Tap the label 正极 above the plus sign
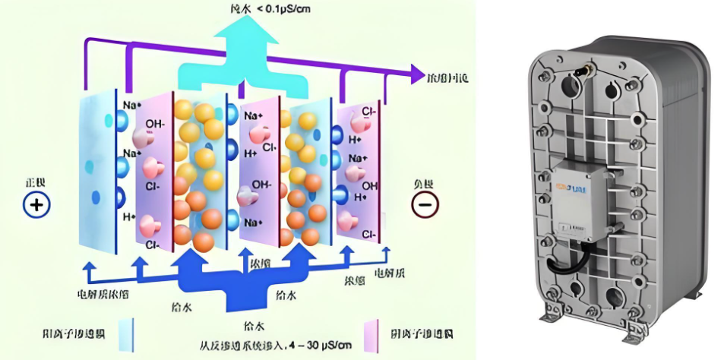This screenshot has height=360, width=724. tap(36, 184)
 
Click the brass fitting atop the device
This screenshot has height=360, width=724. tap(586, 71)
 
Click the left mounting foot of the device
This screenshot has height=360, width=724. tap(551, 311)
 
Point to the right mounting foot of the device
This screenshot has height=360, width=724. tap(634, 330)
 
